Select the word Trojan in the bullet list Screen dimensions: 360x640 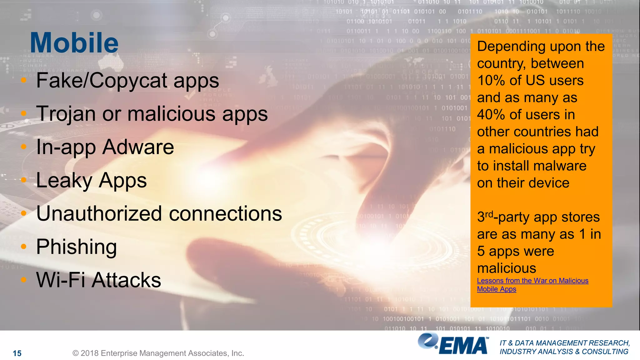(66, 114)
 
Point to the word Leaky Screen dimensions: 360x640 (64, 181)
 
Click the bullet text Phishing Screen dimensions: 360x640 (77, 247)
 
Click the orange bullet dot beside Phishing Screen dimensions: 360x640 (24, 247)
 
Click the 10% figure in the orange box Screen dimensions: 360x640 (491, 81)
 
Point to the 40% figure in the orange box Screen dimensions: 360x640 (491, 115)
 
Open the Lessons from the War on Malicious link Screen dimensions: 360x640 (532, 281)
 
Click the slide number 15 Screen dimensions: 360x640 (17, 353)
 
